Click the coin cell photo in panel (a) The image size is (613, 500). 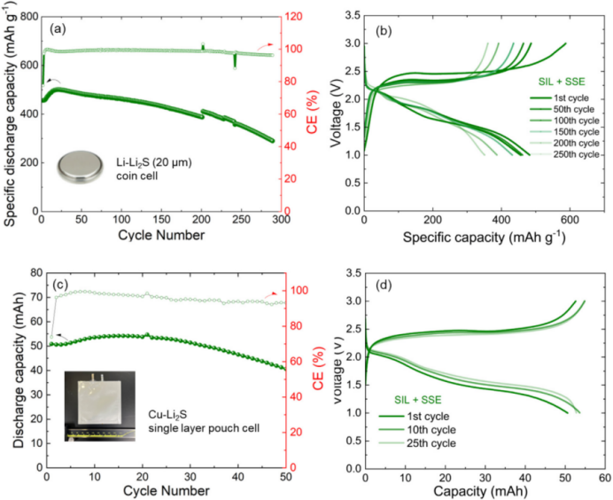tap(81, 167)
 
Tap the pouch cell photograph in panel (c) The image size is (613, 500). tap(100, 406)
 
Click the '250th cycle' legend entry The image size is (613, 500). tap(577, 154)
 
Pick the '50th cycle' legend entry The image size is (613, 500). tap(574, 109)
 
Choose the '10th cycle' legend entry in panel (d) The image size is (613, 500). tap(431, 430)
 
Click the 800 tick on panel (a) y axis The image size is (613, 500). tap(30, 17)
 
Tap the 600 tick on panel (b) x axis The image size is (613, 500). tap(570, 220)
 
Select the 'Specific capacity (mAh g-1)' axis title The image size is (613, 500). tap(484, 237)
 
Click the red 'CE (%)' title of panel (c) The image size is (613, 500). tap(319, 369)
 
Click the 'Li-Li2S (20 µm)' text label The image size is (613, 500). tap(154, 162)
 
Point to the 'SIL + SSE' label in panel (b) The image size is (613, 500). tap(562, 82)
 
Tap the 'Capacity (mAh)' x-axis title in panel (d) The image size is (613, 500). tap(480, 491)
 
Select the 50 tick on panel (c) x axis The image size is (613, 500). tap(286, 477)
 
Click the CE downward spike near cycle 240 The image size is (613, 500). tap(235, 60)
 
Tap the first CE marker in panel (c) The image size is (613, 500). tap(51, 337)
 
